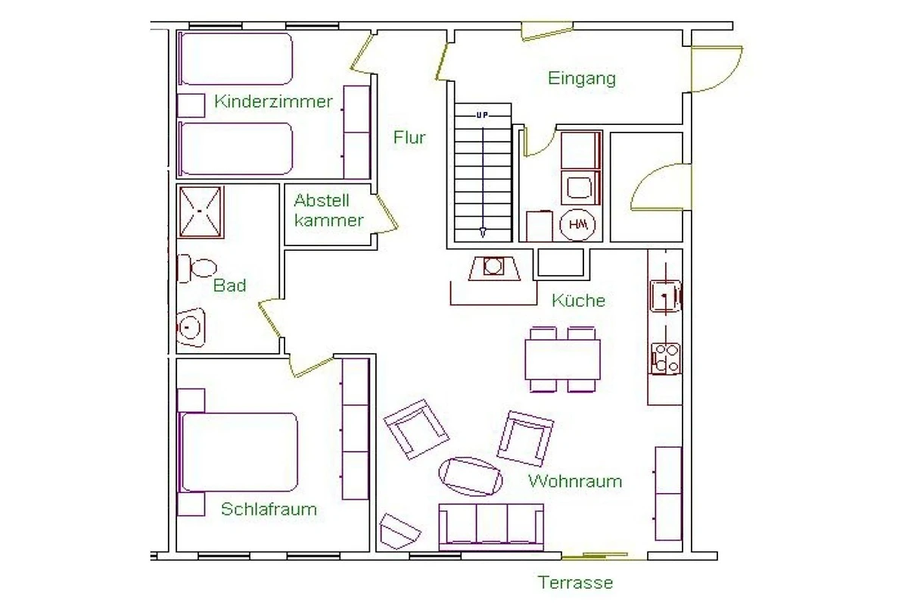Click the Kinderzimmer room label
[273, 102]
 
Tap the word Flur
[409, 138]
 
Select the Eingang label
[582, 78]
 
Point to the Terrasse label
[575, 583]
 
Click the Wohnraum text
[575, 481]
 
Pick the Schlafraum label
[269, 509]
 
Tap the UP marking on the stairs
[482, 115]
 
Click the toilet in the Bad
[197, 268]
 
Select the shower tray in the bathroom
[201, 212]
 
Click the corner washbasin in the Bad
[191, 327]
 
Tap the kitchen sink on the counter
[665, 296]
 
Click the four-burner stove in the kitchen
[665, 359]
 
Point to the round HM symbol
[577, 224]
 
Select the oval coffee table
[471, 476]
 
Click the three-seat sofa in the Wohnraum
[491, 527]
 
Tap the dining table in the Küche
[563, 360]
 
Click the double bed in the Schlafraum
[239, 452]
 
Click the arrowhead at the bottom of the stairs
[483, 233]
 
